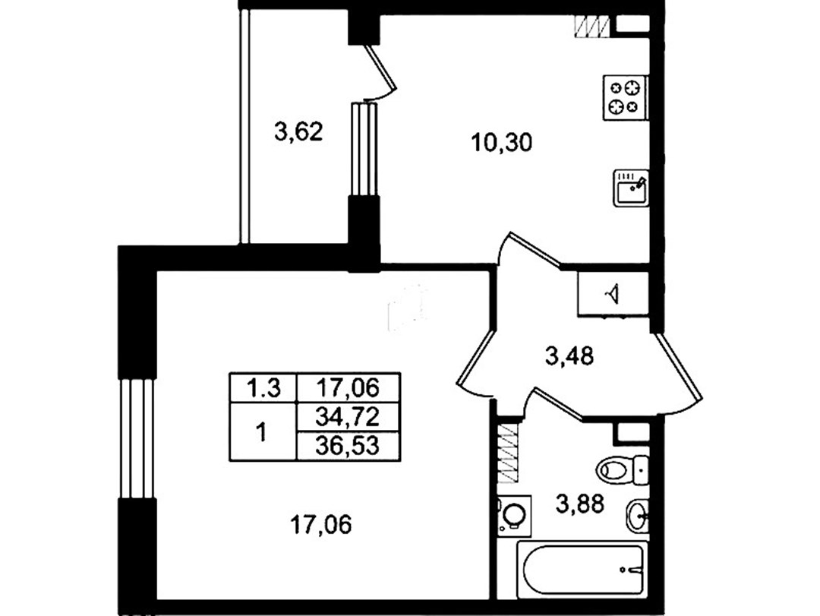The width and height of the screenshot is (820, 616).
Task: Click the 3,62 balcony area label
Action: coord(298,131)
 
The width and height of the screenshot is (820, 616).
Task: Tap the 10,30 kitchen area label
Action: coord(502,142)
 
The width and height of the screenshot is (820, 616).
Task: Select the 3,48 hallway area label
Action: coord(569,357)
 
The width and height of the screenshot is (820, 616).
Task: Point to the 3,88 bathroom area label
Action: coord(580,504)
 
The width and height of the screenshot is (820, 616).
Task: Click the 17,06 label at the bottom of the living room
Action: coord(320,524)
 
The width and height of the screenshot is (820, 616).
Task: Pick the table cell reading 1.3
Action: coord(263,388)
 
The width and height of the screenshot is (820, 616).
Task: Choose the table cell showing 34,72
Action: coord(348,418)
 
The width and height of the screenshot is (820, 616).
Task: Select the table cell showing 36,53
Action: coord(348,447)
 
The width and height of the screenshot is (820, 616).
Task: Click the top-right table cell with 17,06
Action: coord(348,388)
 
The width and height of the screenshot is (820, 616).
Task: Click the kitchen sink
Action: coord(631,188)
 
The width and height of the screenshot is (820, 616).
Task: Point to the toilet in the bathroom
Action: coord(623,469)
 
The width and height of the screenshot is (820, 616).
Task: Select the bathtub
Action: coord(582,570)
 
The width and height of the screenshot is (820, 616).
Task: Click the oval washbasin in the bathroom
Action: coord(637,516)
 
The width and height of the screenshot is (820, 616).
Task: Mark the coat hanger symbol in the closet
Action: coord(613,294)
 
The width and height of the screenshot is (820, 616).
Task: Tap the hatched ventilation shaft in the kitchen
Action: coord(591,26)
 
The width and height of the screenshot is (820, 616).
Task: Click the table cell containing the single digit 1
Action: coord(262,432)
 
